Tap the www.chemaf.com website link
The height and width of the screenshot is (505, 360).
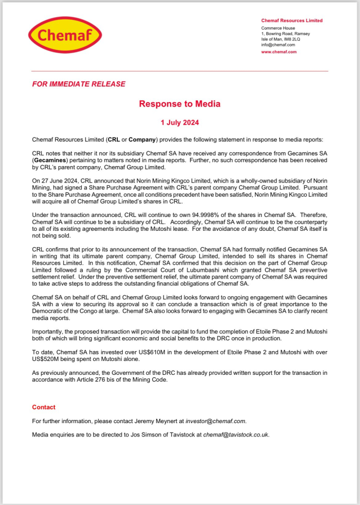(x=279, y=52)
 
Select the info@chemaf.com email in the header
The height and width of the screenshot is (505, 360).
(x=278, y=45)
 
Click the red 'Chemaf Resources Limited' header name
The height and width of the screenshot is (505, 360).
(x=291, y=21)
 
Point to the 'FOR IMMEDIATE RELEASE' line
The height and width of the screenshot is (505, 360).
(x=78, y=84)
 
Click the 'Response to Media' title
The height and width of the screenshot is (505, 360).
(x=180, y=104)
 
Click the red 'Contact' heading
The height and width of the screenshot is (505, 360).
(x=44, y=407)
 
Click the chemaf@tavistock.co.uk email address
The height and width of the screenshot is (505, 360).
(x=236, y=435)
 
